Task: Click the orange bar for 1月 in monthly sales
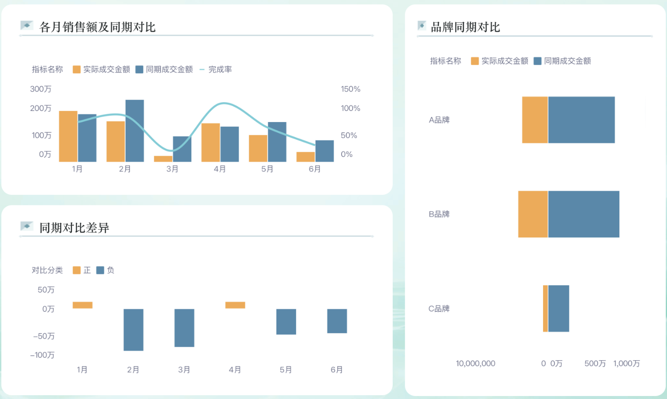coord(68,136)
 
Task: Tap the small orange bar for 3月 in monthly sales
coord(163,159)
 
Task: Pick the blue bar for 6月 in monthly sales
coord(325,151)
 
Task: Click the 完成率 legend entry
coord(216,69)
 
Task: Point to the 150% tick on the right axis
coord(350,89)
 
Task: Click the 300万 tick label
coord(41,89)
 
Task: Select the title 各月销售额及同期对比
coord(97,27)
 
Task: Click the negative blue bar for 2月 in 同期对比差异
coord(133,330)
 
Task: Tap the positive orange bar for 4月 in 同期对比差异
coord(235,305)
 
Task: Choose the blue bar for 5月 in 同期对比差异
coord(286,322)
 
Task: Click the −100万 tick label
coord(43,355)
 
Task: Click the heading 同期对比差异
coord(74,228)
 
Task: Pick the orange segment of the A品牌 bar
coord(535,120)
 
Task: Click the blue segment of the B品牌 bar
coord(584,214)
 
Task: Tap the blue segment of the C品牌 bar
coord(558,308)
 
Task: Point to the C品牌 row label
coord(439,308)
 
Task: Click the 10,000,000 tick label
coord(475,364)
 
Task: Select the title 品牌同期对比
coord(465,27)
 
